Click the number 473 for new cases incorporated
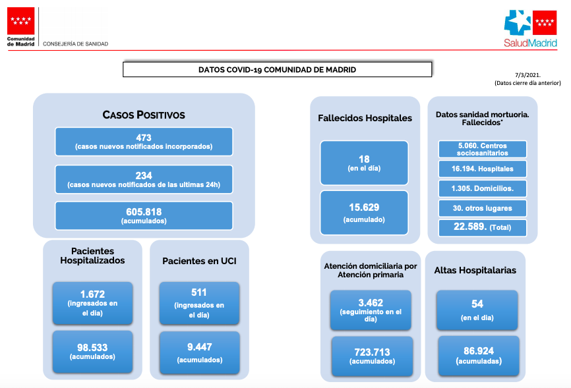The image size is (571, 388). tap(144, 138)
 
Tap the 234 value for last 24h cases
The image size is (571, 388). tap(144, 175)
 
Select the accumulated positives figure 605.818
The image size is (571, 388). tap(144, 212)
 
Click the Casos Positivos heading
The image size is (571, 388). tap(144, 115)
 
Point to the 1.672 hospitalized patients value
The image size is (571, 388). tap(92, 294)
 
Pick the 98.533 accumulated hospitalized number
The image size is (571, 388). tap(92, 348)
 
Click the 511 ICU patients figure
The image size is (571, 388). tap(199, 292)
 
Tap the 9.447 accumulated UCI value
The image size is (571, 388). tap(200, 347)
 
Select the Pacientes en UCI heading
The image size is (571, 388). tap(199, 261)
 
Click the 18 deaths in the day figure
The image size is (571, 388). tap(364, 159)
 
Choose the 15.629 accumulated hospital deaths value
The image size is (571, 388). tap(364, 207)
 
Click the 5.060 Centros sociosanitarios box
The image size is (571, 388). tap(483, 150)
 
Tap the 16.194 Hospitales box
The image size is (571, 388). tap(483, 169)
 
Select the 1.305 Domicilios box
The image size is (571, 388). tap(483, 188)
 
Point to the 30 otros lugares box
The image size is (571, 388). tap(483, 208)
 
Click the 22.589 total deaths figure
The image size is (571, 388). tap(470, 227)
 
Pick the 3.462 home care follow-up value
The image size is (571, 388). tap(371, 303)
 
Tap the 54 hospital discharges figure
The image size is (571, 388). tap(477, 304)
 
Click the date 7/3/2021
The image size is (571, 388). tap(527, 75)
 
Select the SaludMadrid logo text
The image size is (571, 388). tap(531, 43)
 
